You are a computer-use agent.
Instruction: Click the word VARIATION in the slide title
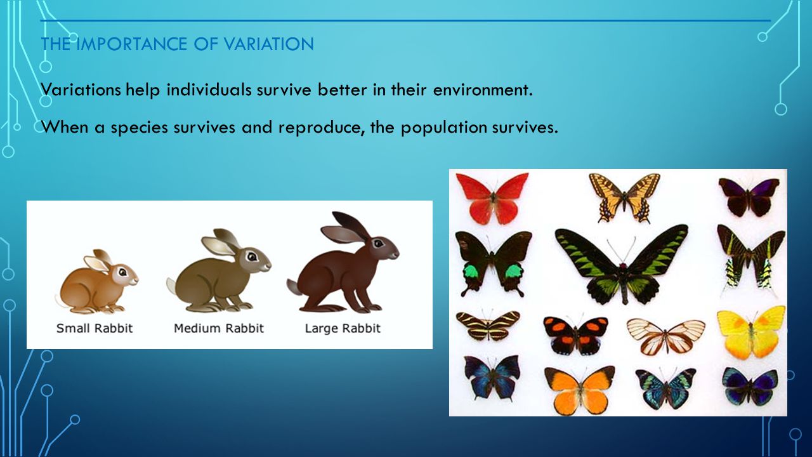click(268, 44)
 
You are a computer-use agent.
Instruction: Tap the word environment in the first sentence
click(483, 89)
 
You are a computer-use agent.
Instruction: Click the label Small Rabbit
click(95, 328)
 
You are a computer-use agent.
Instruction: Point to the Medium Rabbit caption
click(219, 328)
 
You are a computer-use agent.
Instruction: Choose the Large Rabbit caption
click(343, 329)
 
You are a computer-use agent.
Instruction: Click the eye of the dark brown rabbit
click(379, 243)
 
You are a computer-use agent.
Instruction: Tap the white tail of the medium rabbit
click(172, 286)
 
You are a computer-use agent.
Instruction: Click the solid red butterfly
click(492, 198)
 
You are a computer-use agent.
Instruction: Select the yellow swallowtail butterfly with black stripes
click(624, 197)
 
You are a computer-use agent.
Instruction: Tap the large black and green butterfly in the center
click(622, 265)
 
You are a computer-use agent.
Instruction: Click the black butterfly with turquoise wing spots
click(493, 263)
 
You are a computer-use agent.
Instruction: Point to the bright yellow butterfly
click(751, 332)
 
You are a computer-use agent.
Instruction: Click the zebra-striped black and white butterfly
click(488, 324)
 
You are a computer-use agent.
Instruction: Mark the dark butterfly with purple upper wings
click(749, 197)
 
